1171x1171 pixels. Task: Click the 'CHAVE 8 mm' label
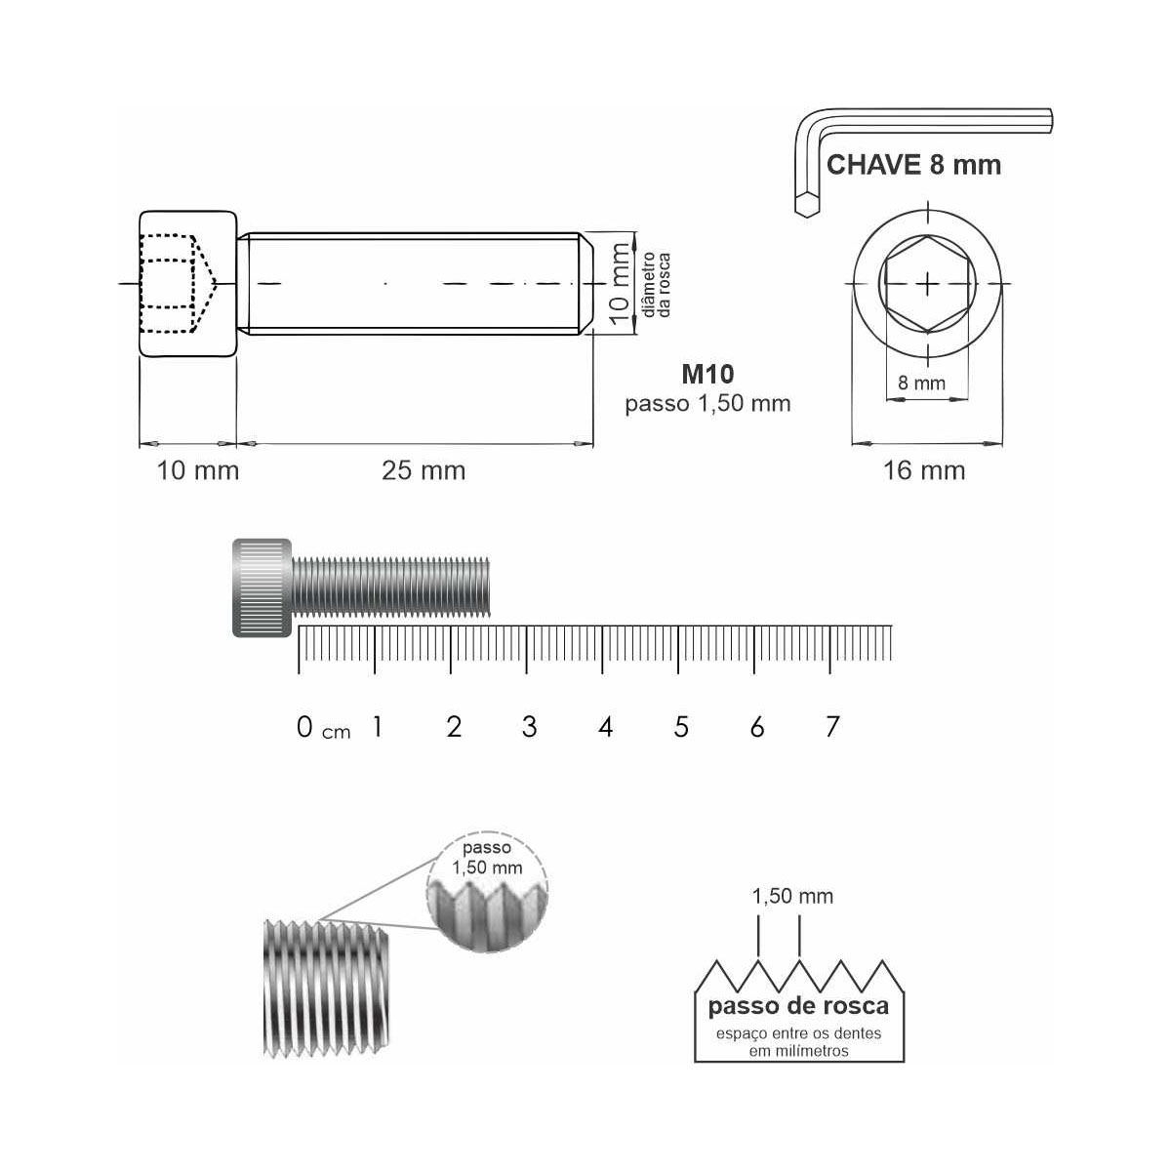(x=913, y=165)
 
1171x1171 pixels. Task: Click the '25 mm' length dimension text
(x=424, y=470)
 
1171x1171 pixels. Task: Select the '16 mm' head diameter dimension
(x=924, y=470)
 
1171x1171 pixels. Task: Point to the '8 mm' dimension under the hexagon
(x=921, y=383)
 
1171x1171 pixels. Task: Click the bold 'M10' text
(x=707, y=374)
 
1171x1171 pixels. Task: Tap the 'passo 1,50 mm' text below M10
(x=707, y=403)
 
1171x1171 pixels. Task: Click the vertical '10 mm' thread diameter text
(x=620, y=284)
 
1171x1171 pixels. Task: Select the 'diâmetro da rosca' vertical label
(x=657, y=284)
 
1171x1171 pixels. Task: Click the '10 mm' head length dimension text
(x=198, y=470)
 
